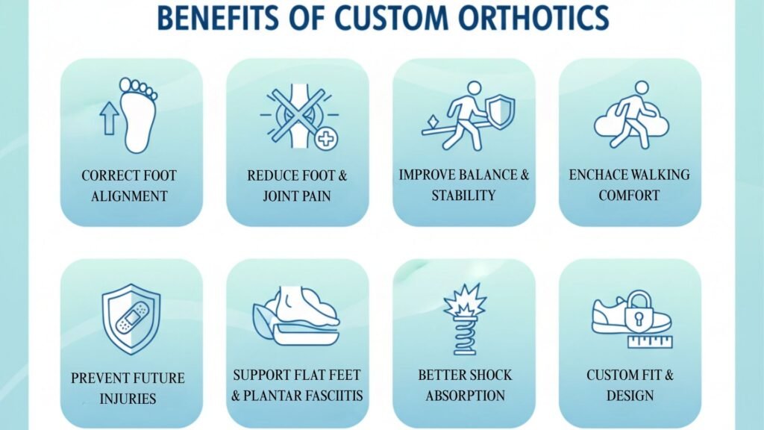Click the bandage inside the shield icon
coord(131,318)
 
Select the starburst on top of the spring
coord(464,300)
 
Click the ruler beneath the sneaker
coord(651,342)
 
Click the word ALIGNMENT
coord(130,196)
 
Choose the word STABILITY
coord(463,196)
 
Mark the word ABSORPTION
coord(465,395)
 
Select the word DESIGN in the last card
coord(630,394)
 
